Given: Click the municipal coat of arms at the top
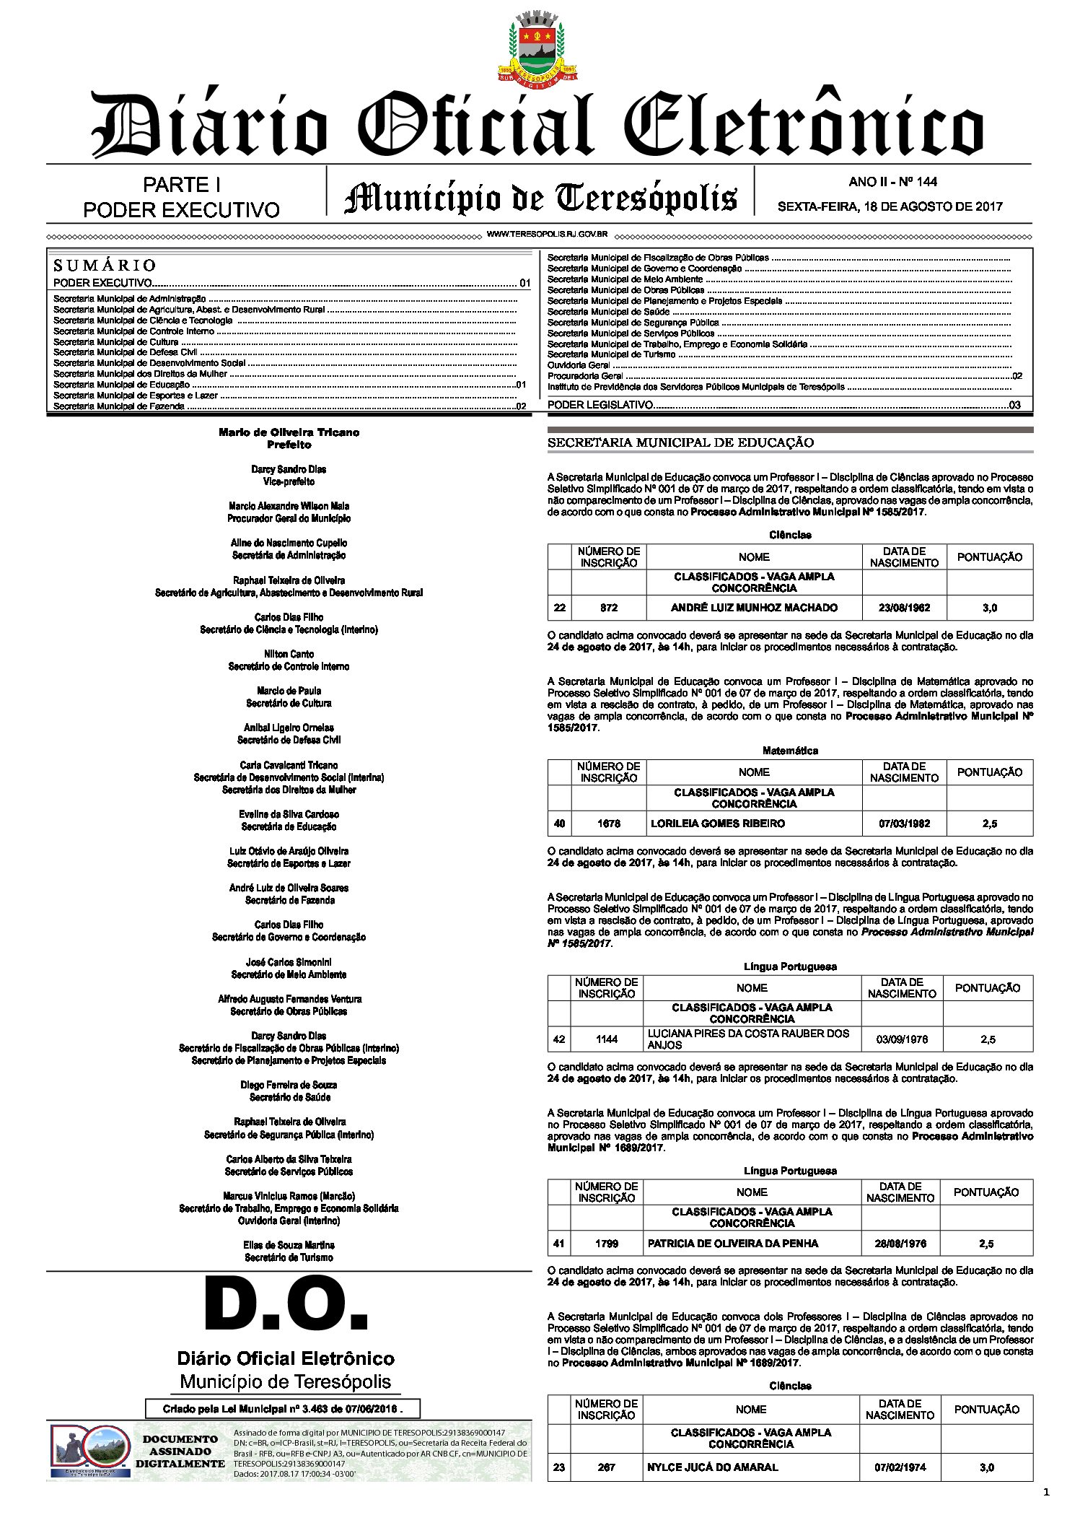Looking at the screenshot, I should pyautogui.click(x=539, y=47).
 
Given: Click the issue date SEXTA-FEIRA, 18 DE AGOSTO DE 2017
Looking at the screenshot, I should pyautogui.click(x=890, y=206).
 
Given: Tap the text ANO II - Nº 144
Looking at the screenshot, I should pyautogui.click(x=892, y=182).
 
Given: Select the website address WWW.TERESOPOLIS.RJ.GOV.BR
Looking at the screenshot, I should pyautogui.click(x=546, y=235).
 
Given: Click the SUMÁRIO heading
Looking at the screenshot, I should pyautogui.click(x=105, y=265).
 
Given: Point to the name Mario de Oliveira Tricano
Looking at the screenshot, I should pyautogui.click(x=289, y=432).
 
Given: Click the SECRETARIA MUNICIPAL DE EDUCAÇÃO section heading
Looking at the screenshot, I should pyautogui.click(x=680, y=442).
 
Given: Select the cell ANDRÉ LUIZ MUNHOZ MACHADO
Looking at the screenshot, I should pyautogui.click(x=754, y=608).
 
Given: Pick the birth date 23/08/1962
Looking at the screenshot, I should pyautogui.click(x=904, y=608).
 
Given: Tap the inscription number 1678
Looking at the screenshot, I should pyautogui.click(x=609, y=823).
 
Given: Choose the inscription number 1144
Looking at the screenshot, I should pyautogui.click(x=607, y=1039).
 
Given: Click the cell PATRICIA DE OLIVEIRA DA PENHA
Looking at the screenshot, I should pyautogui.click(x=733, y=1243).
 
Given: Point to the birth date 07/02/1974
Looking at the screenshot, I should pyautogui.click(x=900, y=1467).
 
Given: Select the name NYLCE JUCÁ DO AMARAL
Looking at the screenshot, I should pyautogui.click(x=712, y=1467).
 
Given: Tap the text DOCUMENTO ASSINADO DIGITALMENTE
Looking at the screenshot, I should pyautogui.click(x=180, y=1451).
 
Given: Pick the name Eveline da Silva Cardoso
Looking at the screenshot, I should pyautogui.click(x=289, y=814).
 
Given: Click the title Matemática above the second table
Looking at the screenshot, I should pyautogui.click(x=790, y=751).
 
